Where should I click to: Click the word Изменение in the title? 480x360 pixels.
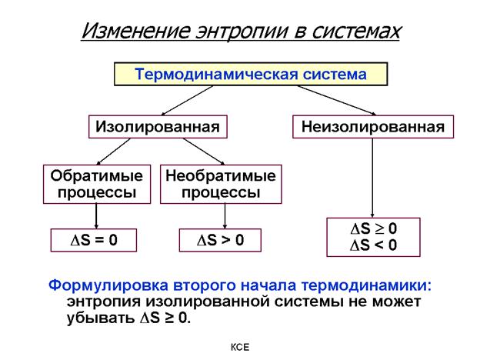[133, 32]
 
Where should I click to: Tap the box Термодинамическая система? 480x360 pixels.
[251, 75]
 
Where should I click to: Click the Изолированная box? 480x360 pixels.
[157, 126]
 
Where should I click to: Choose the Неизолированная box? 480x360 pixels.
[373, 126]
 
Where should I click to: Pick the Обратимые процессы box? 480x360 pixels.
[96, 184]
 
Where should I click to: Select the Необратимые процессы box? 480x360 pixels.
[220, 184]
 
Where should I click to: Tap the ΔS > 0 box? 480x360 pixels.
[220, 240]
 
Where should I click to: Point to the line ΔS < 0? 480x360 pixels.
[374, 246]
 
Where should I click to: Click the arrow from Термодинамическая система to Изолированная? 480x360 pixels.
[185, 100]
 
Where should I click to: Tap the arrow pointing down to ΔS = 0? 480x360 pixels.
[96, 216]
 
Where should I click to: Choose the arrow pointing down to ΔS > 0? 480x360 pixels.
[224, 216]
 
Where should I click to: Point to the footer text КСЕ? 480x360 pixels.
[241, 348]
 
